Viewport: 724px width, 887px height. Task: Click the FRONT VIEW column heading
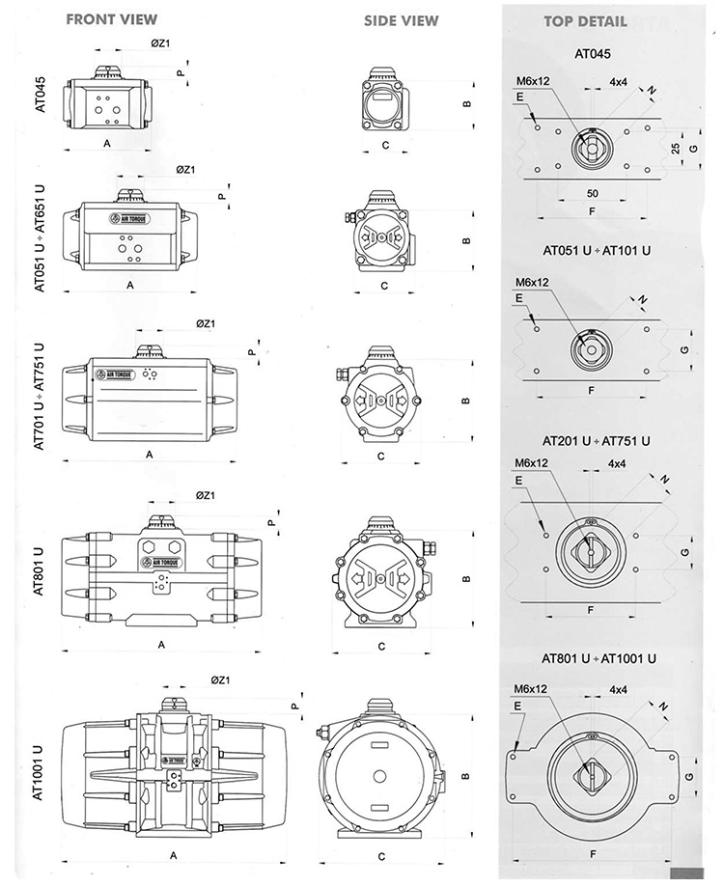coord(112,18)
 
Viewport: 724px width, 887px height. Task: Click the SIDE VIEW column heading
coord(401,20)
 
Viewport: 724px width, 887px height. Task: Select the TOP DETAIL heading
coord(585,20)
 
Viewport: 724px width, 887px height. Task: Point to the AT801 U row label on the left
coord(40,572)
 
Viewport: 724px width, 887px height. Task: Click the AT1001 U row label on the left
coord(40,770)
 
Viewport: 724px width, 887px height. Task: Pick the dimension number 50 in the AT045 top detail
coord(592,194)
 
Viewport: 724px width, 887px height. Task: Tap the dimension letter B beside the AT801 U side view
coord(466,579)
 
